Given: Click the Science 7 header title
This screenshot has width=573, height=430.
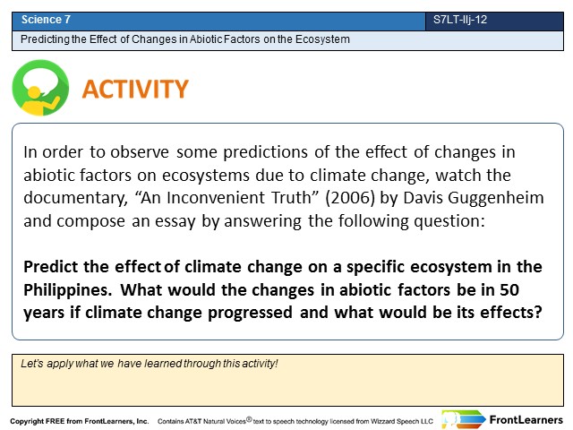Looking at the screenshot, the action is tap(46, 20).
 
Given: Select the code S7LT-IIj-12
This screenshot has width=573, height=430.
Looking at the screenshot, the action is tap(460, 20).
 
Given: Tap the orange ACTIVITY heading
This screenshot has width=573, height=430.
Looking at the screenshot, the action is tap(135, 90).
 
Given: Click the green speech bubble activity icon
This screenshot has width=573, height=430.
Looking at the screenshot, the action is tap(40, 88).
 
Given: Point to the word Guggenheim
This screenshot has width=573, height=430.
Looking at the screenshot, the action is tap(496, 199).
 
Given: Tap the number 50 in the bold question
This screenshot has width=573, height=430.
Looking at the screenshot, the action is tap(509, 290).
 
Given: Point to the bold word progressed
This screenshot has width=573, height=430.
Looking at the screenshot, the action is tap(250, 314).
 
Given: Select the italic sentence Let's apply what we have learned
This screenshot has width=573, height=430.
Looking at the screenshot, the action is tap(150, 364).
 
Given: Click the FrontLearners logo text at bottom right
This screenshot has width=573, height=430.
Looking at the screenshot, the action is tap(526, 420).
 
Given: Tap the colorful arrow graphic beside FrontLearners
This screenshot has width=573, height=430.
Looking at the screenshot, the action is tap(464, 419).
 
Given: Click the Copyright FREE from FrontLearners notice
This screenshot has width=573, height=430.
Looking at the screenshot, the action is tap(80, 421).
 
